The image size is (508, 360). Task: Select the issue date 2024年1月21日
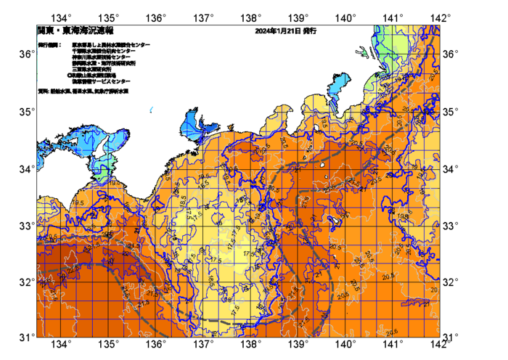279,32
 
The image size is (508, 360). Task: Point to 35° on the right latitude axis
451,112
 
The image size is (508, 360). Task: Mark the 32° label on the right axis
451,282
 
